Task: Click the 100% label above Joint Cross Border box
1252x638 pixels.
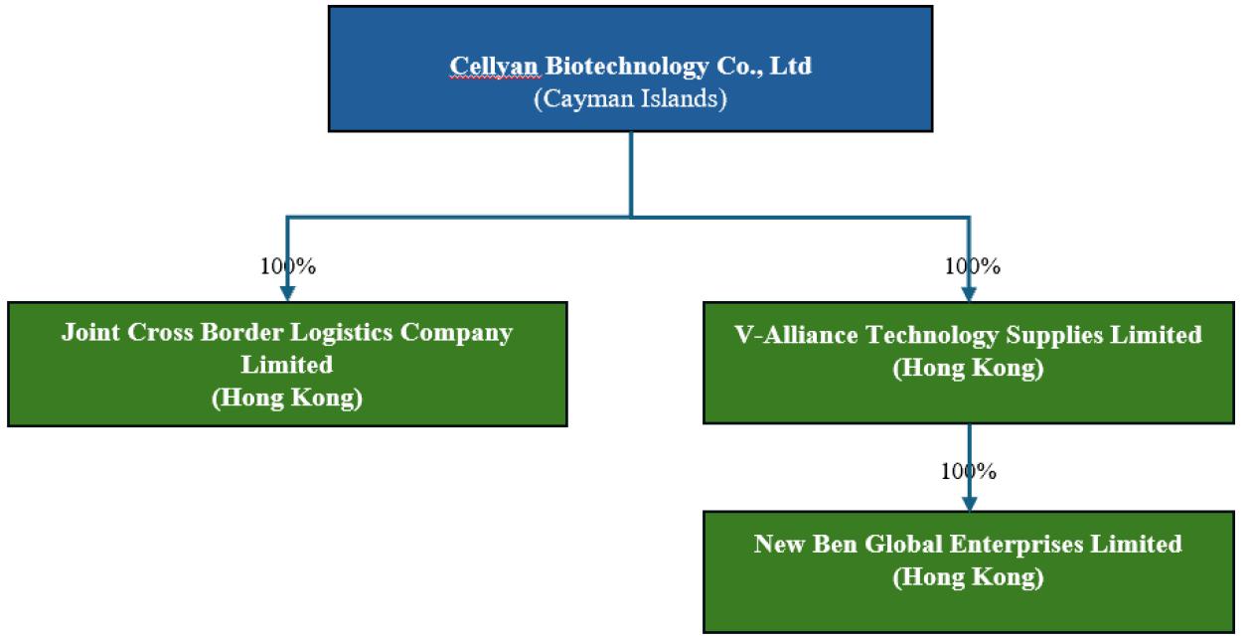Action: pos(288,266)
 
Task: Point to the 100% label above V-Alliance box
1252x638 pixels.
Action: pos(972,266)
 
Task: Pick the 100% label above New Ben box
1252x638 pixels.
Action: pos(969,471)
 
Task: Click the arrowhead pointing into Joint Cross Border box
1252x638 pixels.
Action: pos(288,293)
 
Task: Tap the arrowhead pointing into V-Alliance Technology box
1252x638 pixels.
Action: pos(969,293)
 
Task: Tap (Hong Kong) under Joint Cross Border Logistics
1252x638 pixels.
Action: pos(287,399)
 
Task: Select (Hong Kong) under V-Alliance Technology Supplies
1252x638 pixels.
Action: pos(968,368)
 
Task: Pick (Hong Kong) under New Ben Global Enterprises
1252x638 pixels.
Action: pos(968,577)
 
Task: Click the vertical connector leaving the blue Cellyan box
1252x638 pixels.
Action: pos(631,174)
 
